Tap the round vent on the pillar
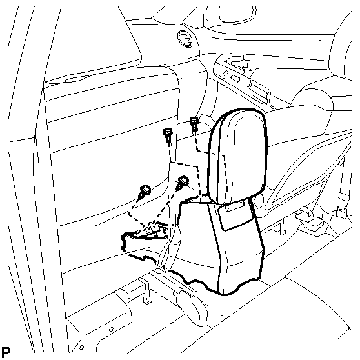click(x=185, y=39)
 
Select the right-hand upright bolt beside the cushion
click(x=194, y=123)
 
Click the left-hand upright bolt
click(x=168, y=136)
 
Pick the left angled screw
click(x=144, y=191)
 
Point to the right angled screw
click(x=183, y=183)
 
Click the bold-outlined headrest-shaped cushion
click(x=237, y=156)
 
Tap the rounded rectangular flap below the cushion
click(x=235, y=214)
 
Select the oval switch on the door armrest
click(x=226, y=73)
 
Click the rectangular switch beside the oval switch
click(x=235, y=79)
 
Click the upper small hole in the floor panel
click(x=111, y=330)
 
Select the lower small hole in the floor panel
click(x=81, y=347)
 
